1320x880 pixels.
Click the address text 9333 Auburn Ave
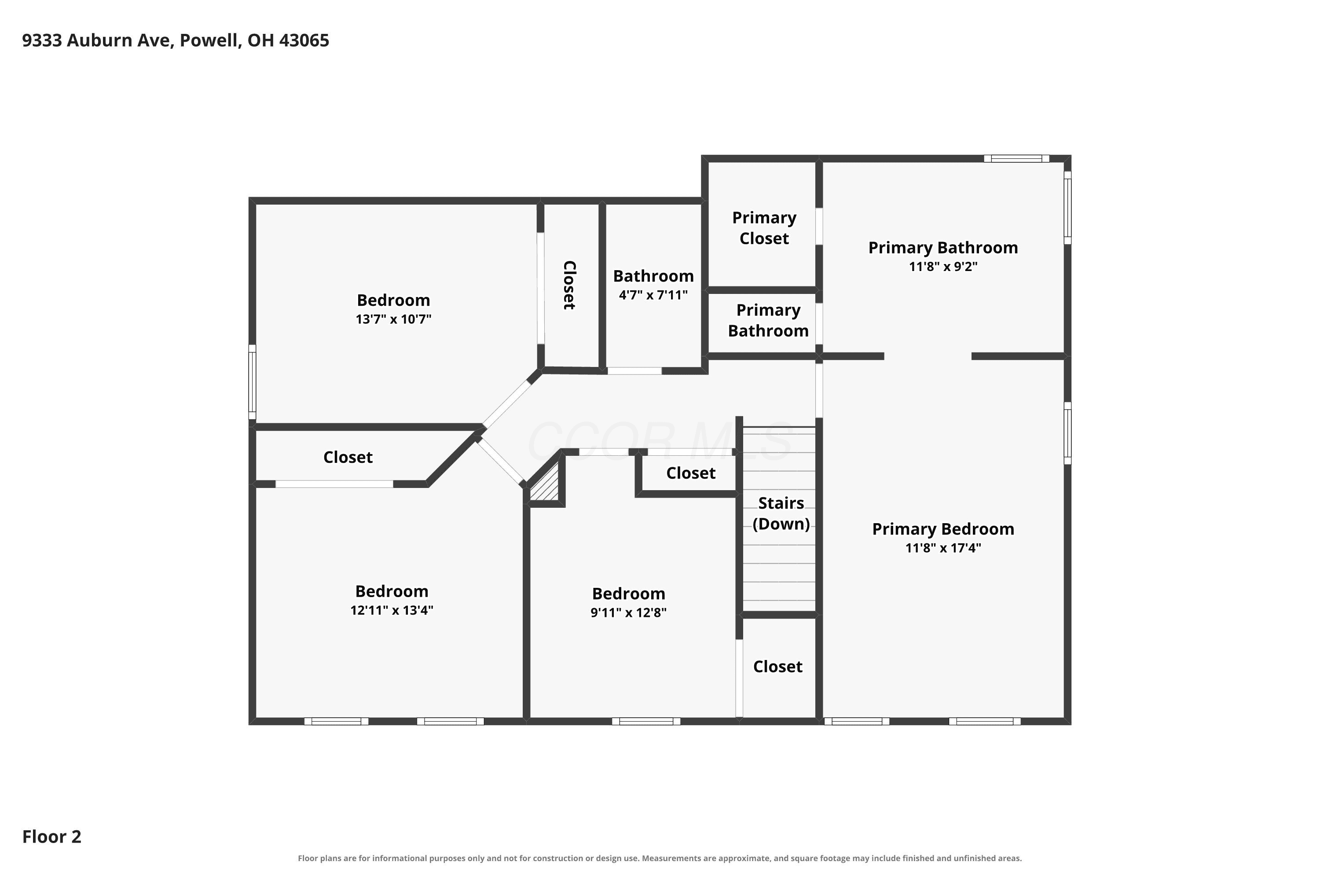96,40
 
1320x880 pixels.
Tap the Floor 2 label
51,836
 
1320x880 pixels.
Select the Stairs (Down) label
781,513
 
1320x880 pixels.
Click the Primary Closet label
764,228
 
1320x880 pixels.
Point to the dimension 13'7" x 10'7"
393,319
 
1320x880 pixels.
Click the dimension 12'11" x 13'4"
392,610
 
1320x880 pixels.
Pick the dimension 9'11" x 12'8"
629,612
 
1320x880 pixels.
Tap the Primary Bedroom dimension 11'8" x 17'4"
943,547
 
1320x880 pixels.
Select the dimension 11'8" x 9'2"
943,266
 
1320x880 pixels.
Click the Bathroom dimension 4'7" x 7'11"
653,295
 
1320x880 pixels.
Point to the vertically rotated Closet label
569,285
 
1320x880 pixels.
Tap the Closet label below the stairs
778,666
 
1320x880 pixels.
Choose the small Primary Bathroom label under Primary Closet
768,320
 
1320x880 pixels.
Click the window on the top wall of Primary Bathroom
1016,158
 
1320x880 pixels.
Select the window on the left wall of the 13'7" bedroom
253,382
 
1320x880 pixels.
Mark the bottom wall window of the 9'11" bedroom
646,721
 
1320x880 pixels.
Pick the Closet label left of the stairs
691,473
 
